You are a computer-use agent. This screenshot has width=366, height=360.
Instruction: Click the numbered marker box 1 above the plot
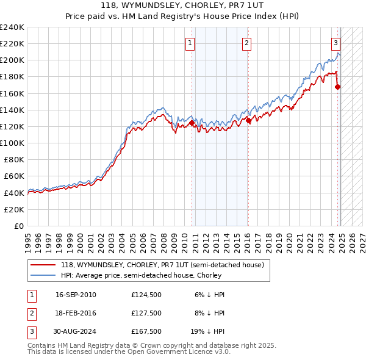(191, 43)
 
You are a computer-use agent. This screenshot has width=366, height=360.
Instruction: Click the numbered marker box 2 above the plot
(246, 43)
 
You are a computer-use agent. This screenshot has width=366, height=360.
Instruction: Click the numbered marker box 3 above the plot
(336, 43)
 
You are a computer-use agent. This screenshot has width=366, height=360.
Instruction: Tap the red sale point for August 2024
(337, 87)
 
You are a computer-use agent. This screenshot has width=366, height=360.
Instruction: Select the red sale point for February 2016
(248, 120)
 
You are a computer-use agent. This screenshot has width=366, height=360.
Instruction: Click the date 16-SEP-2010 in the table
(76, 295)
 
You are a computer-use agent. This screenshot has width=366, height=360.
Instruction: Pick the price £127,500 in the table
(146, 313)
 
